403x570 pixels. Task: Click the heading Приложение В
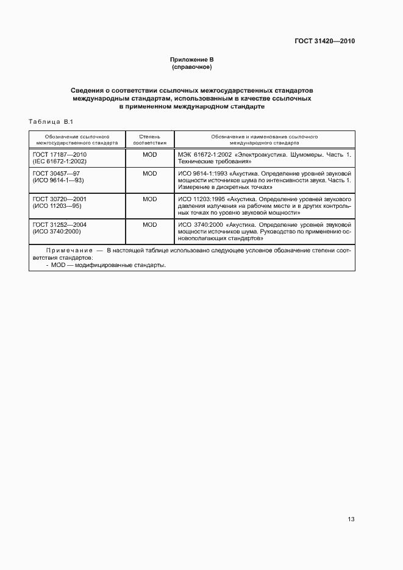pyautogui.click(x=191, y=59)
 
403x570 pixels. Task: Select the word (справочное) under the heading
pyautogui.click(x=191, y=66)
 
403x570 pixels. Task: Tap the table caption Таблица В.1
pyautogui.click(x=51, y=122)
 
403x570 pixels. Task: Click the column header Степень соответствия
pyautogui.click(x=149, y=140)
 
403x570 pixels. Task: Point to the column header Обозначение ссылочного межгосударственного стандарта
pyautogui.click(x=77, y=140)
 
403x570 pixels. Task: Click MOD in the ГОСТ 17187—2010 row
pyautogui.click(x=149, y=155)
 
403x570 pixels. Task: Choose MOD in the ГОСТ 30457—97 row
pyautogui.click(x=149, y=173)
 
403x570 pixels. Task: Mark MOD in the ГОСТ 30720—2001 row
pyautogui.click(x=149, y=199)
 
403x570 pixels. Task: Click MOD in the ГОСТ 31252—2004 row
pyautogui.click(x=149, y=224)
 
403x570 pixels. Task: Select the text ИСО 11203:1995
pyautogui.click(x=201, y=199)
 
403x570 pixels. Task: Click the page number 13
pyautogui.click(x=351, y=519)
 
